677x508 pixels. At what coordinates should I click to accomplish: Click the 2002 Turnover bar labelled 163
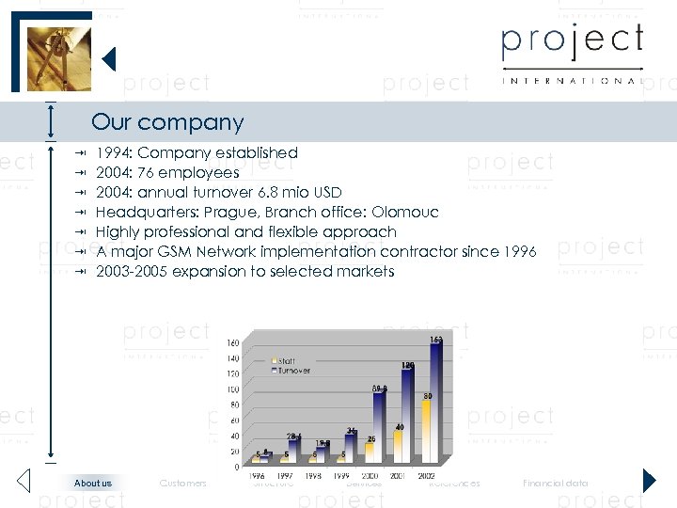(435, 405)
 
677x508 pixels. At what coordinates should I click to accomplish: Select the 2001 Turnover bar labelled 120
(407, 419)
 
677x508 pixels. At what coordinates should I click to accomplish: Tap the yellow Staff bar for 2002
(426, 433)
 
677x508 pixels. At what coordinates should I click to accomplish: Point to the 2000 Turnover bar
(379, 428)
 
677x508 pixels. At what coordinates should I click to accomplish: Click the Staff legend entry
(285, 361)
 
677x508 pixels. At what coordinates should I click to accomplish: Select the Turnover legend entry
(292, 371)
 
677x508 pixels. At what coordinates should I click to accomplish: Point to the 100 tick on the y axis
(231, 389)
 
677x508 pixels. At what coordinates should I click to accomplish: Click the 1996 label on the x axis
(257, 476)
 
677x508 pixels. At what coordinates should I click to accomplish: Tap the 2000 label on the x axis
(370, 476)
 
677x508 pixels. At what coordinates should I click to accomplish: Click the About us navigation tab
(93, 484)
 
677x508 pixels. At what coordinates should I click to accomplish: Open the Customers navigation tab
(183, 484)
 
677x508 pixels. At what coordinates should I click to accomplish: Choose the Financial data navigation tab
(556, 484)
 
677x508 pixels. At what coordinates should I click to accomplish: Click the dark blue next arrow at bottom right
(649, 481)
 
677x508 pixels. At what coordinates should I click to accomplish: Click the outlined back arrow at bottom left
(24, 481)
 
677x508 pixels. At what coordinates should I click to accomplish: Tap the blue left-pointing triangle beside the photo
(108, 59)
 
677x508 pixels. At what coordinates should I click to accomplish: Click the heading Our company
(167, 122)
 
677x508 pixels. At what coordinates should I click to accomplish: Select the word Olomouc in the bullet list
(405, 213)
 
